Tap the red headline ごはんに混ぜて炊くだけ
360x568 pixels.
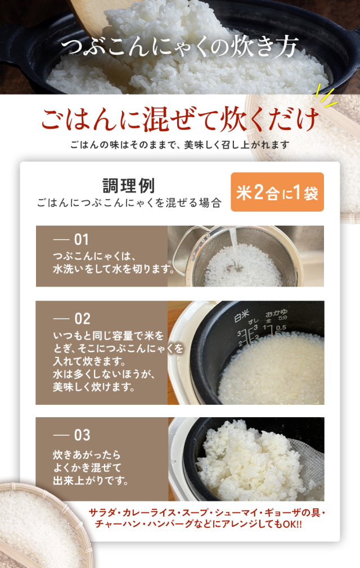tap(180, 118)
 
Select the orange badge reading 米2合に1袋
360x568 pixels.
tap(277, 192)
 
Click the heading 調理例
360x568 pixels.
tap(129, 185)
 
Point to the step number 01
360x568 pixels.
tap(82, 239)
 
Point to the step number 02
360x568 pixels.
tap(82, 319)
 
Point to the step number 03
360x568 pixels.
tap(82, 435)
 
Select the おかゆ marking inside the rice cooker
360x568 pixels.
tap(276, 312)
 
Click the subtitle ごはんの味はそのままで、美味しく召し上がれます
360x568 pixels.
tap(180, 145)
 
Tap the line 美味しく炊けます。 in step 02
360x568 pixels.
tap(94, 387)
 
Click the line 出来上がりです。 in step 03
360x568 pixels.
tap(91, 481)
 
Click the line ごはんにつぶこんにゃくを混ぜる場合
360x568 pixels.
tap(129, 203)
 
